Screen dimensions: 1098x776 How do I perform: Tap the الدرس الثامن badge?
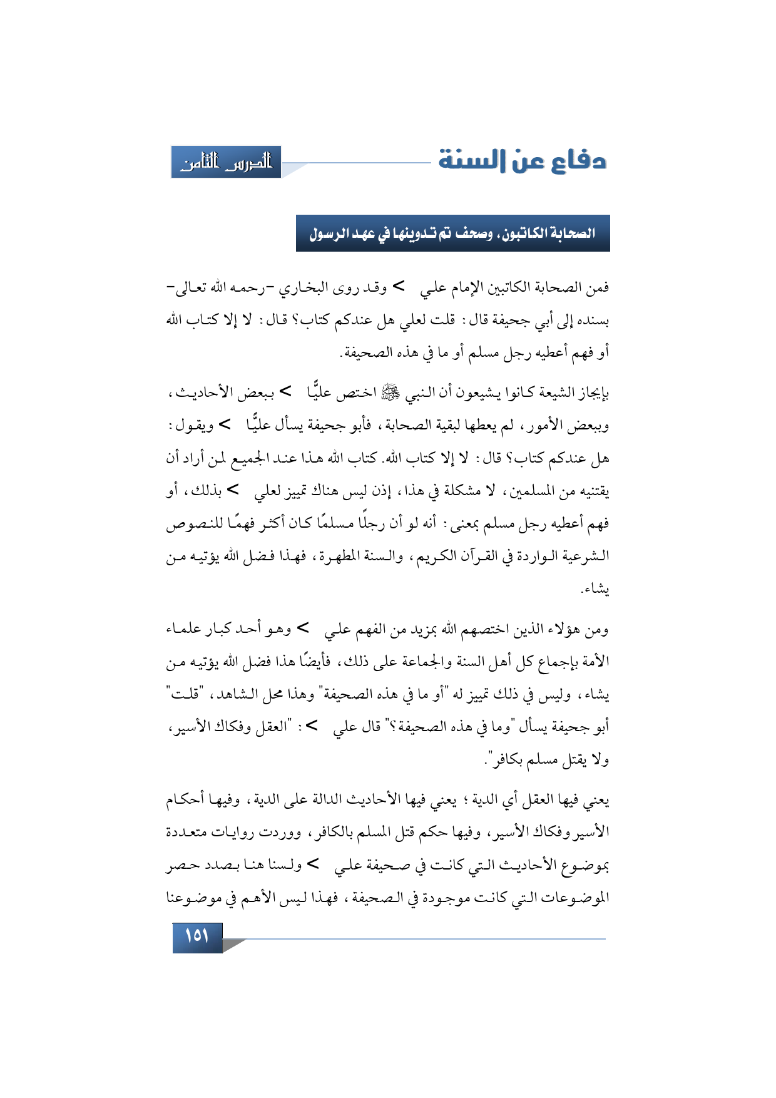tap(227, 162)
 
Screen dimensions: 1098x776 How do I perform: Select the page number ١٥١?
tap(197, 936)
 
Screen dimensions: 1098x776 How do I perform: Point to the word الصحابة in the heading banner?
tap(570, 234)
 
